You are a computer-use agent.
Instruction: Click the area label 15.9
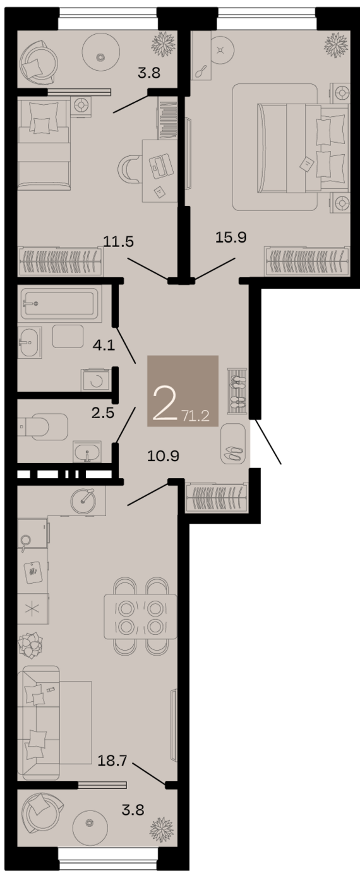click(x=231, y=238)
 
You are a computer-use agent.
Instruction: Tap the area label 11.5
click(x=119, y=242)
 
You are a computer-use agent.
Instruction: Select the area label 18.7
click(x=112, y=761)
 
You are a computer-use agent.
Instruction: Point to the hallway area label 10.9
click(x=163, y=455)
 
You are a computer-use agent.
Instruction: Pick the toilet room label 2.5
click(x=103, y=412)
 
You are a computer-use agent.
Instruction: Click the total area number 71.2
click(x=196, y=416)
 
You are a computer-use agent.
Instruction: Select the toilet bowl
click(x=43, y=427)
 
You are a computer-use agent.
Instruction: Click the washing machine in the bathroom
click(x=95, y=380)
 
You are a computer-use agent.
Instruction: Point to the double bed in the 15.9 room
click(x=303, y=148)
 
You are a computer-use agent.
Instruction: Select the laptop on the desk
click(x=161, y=166)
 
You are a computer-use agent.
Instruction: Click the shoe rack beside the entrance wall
click(x=237, y=390)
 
